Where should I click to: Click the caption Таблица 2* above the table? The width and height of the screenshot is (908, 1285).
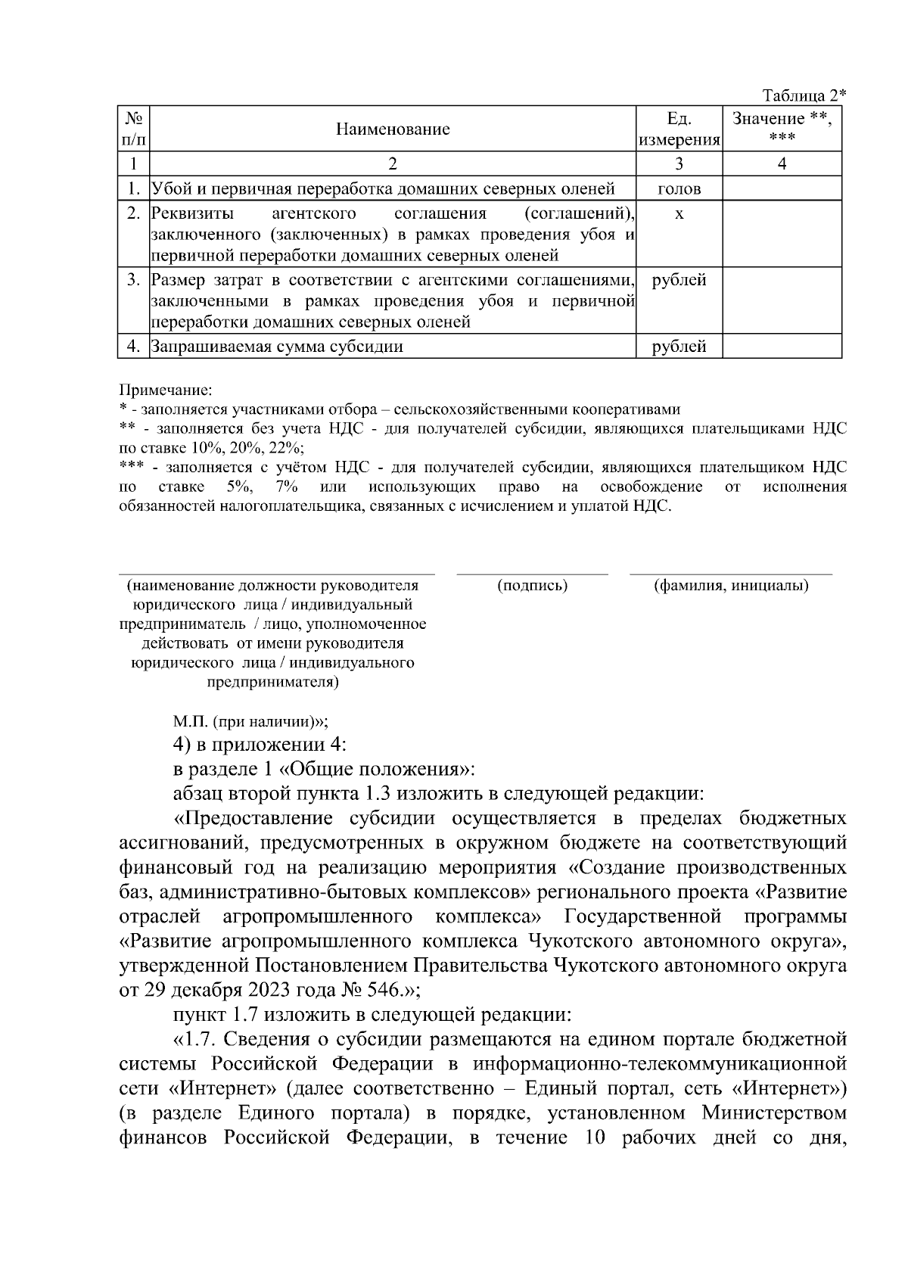[x=804, y=95]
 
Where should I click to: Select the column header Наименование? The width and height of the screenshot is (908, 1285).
[x=393, y=129]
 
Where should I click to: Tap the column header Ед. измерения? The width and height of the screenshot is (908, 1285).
[x=679, y=129]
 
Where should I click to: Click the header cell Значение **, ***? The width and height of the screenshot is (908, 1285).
[x=782, y=128]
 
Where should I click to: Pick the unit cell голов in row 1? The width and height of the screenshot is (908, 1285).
[x=679, y=189]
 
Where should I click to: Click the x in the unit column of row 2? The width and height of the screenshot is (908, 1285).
[x=679, y=214]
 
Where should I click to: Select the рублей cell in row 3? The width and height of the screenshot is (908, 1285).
[x=679, y=281]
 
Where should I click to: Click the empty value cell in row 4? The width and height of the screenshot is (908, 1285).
[x=782, y=347]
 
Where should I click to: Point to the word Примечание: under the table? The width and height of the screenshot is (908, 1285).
[x=166, y=390]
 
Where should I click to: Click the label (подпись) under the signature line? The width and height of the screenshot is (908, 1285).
[x=532, y=586]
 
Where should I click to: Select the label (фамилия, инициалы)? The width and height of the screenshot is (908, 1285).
[x=731, y=586]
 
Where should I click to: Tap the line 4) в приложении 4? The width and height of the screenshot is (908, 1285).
[x=260, y=745]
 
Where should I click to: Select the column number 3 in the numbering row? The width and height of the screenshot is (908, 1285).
[x=679, y=163]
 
